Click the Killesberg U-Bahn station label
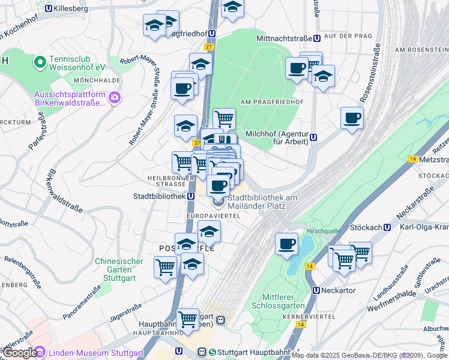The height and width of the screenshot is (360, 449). click(70, 9)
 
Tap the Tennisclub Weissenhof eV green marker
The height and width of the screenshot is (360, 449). click(40, 61)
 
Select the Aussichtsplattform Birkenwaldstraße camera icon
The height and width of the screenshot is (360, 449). click(114, 98)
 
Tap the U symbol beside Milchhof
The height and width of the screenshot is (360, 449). click(313, 137)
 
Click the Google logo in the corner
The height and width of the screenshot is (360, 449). click(20, 353)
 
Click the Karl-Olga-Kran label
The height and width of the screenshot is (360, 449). click(424, 227)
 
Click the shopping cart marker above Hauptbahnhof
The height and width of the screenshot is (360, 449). click(187, 319)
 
